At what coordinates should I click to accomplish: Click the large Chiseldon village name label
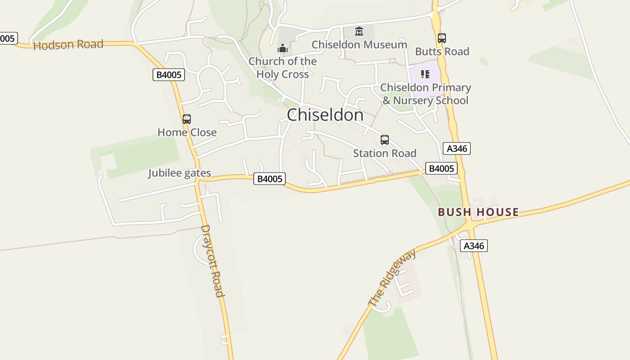(325, 115)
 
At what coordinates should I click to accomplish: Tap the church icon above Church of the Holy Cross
(283, 48)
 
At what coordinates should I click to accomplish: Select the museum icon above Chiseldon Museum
(359, 31)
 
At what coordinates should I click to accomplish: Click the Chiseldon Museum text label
(359, 45)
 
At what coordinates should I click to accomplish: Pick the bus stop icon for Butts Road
(442, 38)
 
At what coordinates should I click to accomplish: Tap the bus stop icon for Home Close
(187, 119)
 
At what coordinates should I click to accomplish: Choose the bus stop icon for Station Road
(385, 140)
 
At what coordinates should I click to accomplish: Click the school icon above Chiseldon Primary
(425, 74)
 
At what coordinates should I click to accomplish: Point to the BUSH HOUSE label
(478, 212)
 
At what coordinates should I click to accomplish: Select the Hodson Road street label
(68, 45)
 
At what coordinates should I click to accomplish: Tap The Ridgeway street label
(392, 277)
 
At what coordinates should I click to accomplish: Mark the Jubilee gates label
(180, 173)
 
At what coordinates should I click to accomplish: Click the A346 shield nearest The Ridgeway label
(474, 246)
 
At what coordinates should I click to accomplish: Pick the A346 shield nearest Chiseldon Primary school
(457, 148)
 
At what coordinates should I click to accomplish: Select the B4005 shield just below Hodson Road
(169, 75)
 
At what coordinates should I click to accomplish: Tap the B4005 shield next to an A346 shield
(441, 168)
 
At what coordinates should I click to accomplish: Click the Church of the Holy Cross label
(283, 67)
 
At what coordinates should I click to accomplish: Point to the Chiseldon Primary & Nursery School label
(425, 94)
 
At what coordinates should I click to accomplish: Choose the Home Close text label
(187, 132)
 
